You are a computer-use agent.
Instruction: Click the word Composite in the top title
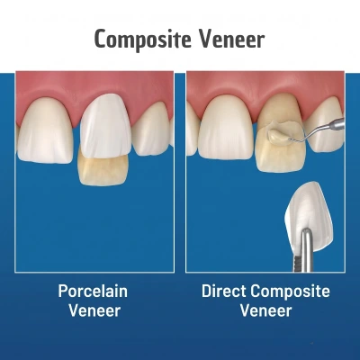coord(143,40)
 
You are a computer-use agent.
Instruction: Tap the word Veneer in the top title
coord(232,39)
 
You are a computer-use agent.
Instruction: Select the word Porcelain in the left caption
coord(93,291)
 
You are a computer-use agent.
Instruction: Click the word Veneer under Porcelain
coord(94,310)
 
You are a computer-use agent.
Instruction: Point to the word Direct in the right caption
coord(223,291)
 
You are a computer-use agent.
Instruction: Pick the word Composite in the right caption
coord(290,292)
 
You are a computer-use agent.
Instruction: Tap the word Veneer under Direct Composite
coord(265,310)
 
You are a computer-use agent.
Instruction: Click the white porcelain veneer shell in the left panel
coord(106,126)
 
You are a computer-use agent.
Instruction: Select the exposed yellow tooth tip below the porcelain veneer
coord(103,170)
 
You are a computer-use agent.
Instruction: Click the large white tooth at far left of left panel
coord(45,130)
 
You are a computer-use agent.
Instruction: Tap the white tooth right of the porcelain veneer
coord(152,129)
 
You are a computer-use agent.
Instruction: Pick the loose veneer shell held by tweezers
coord(309,211)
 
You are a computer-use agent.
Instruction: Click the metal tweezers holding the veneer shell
coord(304,250)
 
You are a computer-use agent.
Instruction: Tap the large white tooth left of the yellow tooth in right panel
coord(226,129)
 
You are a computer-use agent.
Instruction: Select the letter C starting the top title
coord(101,39)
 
